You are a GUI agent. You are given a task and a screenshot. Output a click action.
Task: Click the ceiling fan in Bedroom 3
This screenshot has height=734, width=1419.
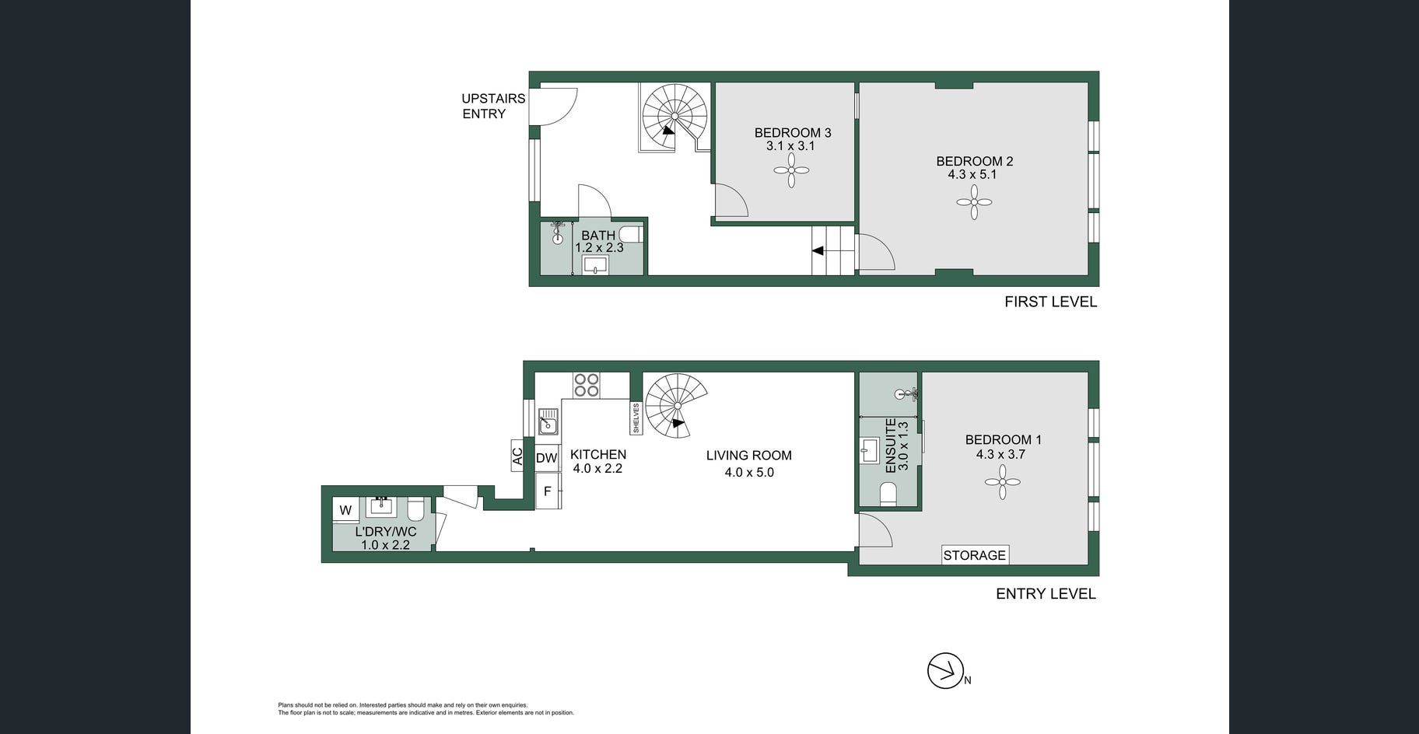(791, 170)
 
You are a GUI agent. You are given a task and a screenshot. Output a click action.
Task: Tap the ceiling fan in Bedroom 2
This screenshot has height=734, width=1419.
(974, 202)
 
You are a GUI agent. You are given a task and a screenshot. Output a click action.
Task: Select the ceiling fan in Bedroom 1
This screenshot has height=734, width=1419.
(1003, 482)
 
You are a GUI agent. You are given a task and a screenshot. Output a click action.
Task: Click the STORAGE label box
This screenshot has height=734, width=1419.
(975, 555)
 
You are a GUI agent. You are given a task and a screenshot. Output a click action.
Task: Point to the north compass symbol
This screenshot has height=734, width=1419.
(946, 670)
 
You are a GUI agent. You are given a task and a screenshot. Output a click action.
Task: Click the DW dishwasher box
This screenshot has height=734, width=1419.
(547, 458)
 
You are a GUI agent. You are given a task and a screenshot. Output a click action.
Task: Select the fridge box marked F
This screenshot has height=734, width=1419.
(548, 491)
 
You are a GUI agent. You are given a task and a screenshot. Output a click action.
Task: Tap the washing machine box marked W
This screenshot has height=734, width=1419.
(346, 510)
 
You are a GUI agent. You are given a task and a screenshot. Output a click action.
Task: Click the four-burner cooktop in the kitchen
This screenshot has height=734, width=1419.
(587, 385)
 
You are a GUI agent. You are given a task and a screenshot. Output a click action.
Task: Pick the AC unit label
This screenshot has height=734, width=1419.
(517, 456)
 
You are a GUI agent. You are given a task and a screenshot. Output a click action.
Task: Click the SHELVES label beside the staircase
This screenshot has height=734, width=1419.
(636, 418)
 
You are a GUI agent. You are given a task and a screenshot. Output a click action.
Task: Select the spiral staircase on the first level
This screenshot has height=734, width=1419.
(674, 117)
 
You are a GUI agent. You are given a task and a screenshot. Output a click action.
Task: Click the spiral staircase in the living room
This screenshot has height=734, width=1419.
(677, 406)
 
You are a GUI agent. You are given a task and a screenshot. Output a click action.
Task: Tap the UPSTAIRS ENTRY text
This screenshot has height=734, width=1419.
(493, 106)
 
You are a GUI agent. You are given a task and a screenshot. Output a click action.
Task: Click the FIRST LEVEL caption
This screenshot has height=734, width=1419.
(1050, 302)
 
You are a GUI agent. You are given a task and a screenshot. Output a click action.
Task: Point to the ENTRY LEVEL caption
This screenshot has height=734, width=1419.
(1046, 594)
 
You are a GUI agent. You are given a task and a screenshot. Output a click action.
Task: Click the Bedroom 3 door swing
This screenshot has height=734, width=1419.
(731, 200)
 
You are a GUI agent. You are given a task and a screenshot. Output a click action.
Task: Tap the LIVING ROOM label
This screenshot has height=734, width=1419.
(749, 456)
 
